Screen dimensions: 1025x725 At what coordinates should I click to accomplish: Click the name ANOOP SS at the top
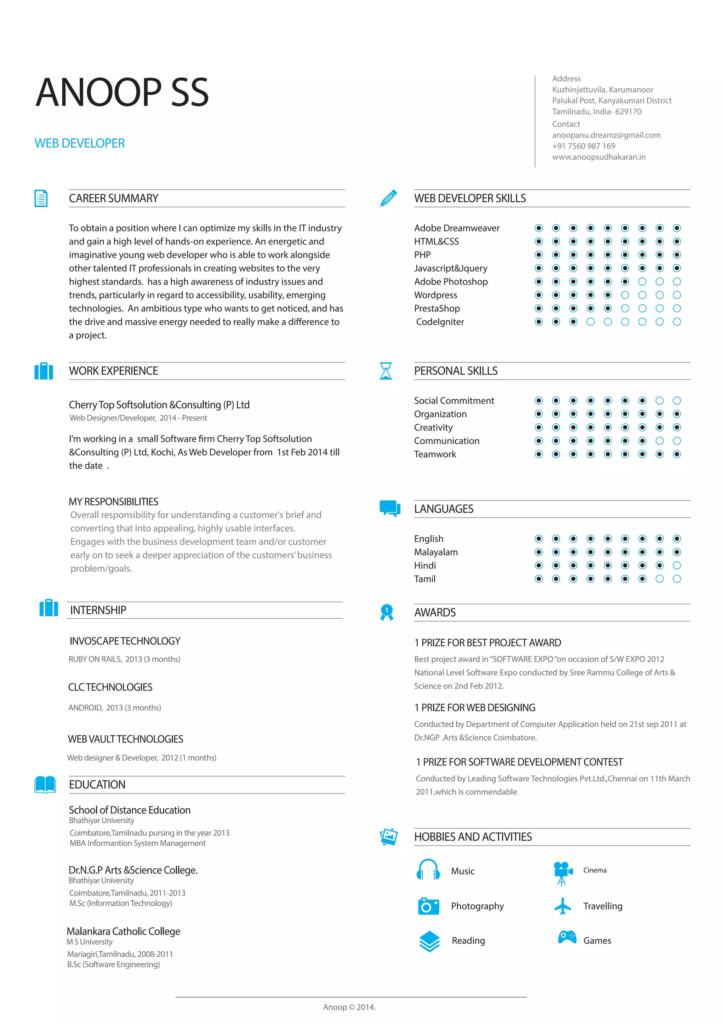122,92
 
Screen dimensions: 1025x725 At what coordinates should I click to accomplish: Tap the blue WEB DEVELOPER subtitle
80,143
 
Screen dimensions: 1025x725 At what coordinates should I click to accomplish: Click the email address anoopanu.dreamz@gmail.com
606,135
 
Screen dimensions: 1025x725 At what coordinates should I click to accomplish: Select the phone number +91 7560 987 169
583,146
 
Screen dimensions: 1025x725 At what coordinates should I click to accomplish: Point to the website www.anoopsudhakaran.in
598,157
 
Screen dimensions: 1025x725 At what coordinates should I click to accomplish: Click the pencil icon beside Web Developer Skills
388,198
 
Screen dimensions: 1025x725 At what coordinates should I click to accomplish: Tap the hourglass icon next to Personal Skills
386,371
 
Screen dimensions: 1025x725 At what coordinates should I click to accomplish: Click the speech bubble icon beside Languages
390,508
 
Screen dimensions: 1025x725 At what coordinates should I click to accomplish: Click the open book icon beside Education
45,784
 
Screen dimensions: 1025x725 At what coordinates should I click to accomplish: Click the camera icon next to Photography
428,906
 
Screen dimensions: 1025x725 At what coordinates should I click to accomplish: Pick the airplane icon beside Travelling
563,906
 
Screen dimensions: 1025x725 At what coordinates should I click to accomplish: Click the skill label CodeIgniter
440,322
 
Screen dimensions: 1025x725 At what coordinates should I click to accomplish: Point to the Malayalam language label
436,552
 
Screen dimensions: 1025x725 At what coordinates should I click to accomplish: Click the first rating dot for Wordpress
539,295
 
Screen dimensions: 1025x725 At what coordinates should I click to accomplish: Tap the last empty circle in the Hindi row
677,566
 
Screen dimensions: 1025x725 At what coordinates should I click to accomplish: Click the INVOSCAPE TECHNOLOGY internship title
125,641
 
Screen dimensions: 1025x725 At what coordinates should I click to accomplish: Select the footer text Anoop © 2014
349,1007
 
